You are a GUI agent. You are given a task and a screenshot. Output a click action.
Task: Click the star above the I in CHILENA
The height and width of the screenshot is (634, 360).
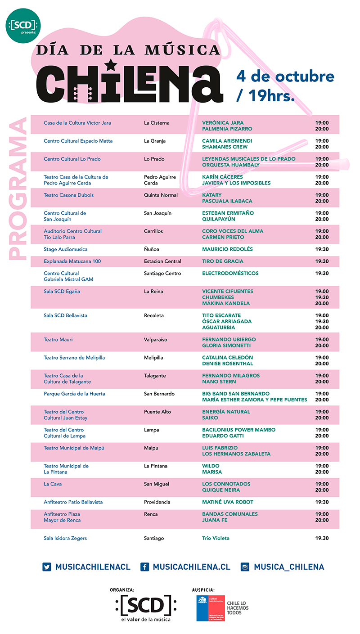[x=110, y=64]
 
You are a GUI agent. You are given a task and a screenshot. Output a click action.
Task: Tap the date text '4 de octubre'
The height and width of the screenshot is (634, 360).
[x=285, y=76]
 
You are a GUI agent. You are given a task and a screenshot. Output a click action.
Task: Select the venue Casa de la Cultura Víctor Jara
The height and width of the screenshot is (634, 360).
[x=77, y=123]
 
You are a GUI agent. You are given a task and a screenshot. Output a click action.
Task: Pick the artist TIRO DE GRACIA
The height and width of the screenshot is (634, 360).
[x=223, y=261]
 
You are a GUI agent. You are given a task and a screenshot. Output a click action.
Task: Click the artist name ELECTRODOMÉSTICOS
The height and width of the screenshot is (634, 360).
[x=230, y=273]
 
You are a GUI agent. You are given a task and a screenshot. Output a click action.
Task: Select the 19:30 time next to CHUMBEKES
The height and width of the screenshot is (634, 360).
[x=322, y=297]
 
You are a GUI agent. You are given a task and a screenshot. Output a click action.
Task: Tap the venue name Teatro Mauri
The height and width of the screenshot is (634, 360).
[x=58, y=340]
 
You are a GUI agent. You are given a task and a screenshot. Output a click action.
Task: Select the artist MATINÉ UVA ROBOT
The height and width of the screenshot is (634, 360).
[x=228, y=502]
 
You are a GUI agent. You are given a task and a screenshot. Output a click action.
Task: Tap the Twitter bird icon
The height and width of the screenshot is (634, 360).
[x=47, y=567]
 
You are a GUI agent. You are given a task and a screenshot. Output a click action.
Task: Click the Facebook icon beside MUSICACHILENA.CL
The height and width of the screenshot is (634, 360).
[x=145, y=567]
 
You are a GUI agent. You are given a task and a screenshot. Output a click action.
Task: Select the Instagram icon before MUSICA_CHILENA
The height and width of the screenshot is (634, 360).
[x=245, y=567]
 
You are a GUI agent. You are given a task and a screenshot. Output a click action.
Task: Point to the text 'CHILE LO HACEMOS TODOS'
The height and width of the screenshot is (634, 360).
[x=238, y=608]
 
